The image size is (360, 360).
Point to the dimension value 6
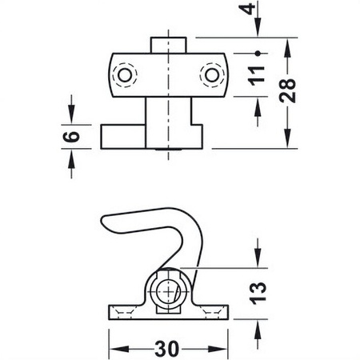pos(73,136)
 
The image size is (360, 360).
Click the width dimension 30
pos(166,349)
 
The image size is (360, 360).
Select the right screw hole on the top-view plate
pos(211,74)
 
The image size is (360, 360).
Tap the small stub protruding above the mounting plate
pos(169,42)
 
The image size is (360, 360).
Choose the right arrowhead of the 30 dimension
pos(223,349)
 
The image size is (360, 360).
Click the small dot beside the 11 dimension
pos(258,53)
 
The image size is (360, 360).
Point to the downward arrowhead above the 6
pos(73,117)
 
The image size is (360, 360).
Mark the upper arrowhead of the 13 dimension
pos(258,260)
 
